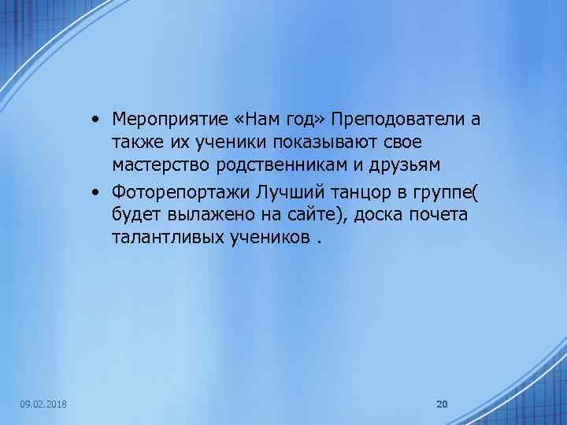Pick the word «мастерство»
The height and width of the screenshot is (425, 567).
(x=156, y=166)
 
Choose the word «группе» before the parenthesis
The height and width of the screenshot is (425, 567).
(x=438, y=192)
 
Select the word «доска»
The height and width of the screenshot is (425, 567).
(x=373, y=215)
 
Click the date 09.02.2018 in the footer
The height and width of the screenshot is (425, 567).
(x=43, y=405)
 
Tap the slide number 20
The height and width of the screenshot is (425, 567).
(x=442, y=405)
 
